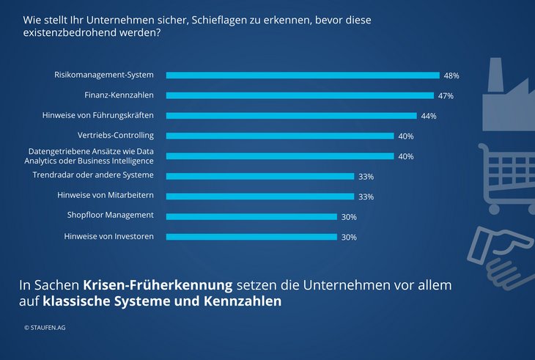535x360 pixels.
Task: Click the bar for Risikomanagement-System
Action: [303, 75]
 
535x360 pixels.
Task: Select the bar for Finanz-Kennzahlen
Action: [300, 95]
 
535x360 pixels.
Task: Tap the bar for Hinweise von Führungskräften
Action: [291, 115]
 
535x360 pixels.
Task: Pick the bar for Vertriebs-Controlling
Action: [280, 136]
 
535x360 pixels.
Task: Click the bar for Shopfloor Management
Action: [251, 216]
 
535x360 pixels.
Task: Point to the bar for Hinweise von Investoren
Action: [251, 236]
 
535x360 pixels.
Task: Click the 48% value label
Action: [451, 76]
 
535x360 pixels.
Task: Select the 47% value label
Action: [445, 96]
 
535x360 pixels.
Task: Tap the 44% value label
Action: [428, 116]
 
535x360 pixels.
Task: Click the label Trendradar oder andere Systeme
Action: [93, 175]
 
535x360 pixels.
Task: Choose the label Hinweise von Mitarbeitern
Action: [106, 196]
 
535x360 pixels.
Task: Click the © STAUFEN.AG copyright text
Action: [45, 328]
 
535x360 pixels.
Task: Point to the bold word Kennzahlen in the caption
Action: [246, 301]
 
